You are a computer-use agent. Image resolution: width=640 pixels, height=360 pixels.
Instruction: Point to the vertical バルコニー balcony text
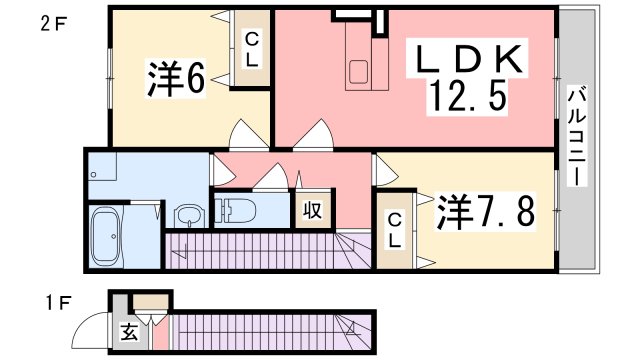coord(576,136)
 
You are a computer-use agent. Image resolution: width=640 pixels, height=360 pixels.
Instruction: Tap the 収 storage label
coord(312,211)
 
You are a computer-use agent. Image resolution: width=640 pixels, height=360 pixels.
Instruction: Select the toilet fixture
coord(235,211)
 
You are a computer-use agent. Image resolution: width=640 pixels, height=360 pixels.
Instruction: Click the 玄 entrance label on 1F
coord(130,334)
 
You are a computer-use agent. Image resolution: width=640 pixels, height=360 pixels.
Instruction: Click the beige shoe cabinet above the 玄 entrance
coord(152,300)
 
